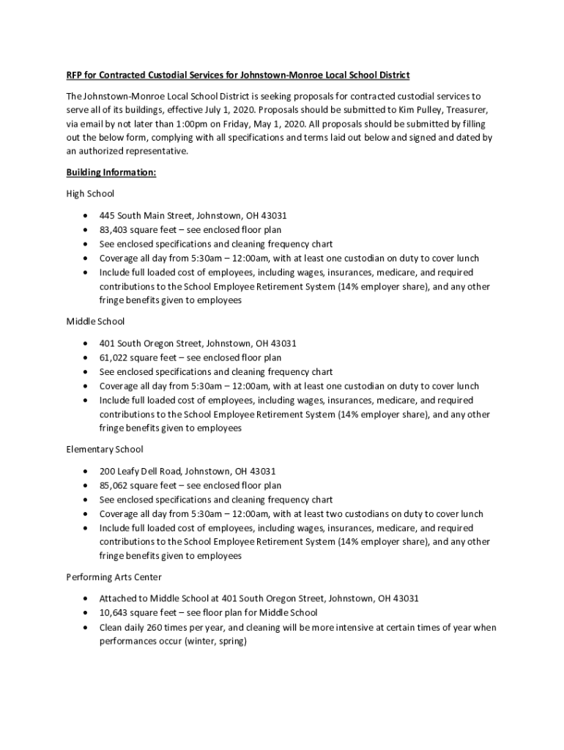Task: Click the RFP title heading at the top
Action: coord(238,75)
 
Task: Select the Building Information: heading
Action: coord(111,173)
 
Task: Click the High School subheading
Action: coord(90,194)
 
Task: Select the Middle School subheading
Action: coord(95,322)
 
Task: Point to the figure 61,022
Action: coord(114,357)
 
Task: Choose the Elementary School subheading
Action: coord(105,449)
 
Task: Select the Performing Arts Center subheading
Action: coord(114,577)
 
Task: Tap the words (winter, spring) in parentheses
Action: coord(216,642)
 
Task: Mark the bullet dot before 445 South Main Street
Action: coord(87,216)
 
